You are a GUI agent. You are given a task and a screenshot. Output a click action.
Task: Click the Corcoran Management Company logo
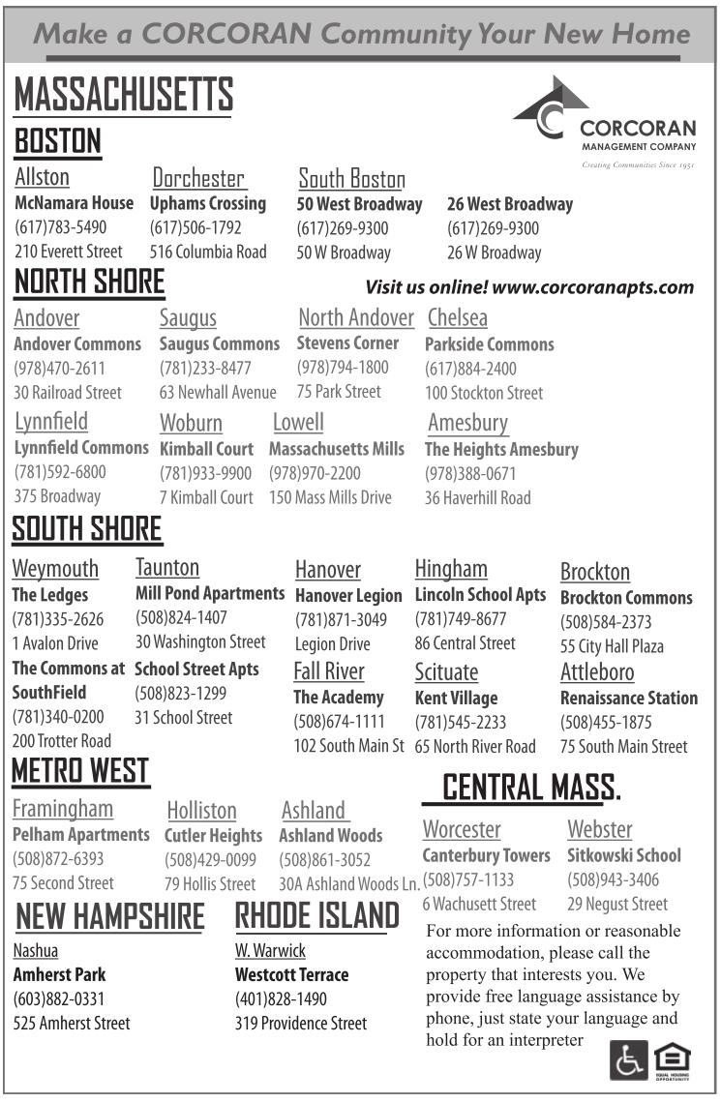(604, 121)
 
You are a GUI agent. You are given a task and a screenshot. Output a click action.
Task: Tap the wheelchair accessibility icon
(628, 1060)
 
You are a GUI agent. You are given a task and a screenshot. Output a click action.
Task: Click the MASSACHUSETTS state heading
(123, 95)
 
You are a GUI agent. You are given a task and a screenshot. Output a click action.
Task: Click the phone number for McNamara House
(60, 228)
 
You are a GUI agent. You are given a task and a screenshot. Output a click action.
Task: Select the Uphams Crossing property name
(207, 203)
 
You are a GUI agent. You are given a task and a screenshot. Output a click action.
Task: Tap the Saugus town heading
(188, 318)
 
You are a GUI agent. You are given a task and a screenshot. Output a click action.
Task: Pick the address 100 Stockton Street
(484, 393)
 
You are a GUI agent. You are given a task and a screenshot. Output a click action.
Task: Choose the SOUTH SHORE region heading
(87, 529)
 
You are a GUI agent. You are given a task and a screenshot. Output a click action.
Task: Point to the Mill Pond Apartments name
(210, 593)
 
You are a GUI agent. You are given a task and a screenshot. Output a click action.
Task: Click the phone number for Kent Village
(460, 722)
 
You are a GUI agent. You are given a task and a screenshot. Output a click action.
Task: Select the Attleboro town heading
(597, 671)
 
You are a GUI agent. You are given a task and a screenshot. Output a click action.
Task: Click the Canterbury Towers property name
(486, 855)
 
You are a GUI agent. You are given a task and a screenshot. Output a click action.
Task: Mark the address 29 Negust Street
(616, 904)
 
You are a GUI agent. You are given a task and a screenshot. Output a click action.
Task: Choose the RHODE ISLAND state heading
(316, 915)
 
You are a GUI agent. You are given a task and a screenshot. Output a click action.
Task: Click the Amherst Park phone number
(58, 998)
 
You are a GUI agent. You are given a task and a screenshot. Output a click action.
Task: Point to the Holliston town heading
(201, 810)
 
